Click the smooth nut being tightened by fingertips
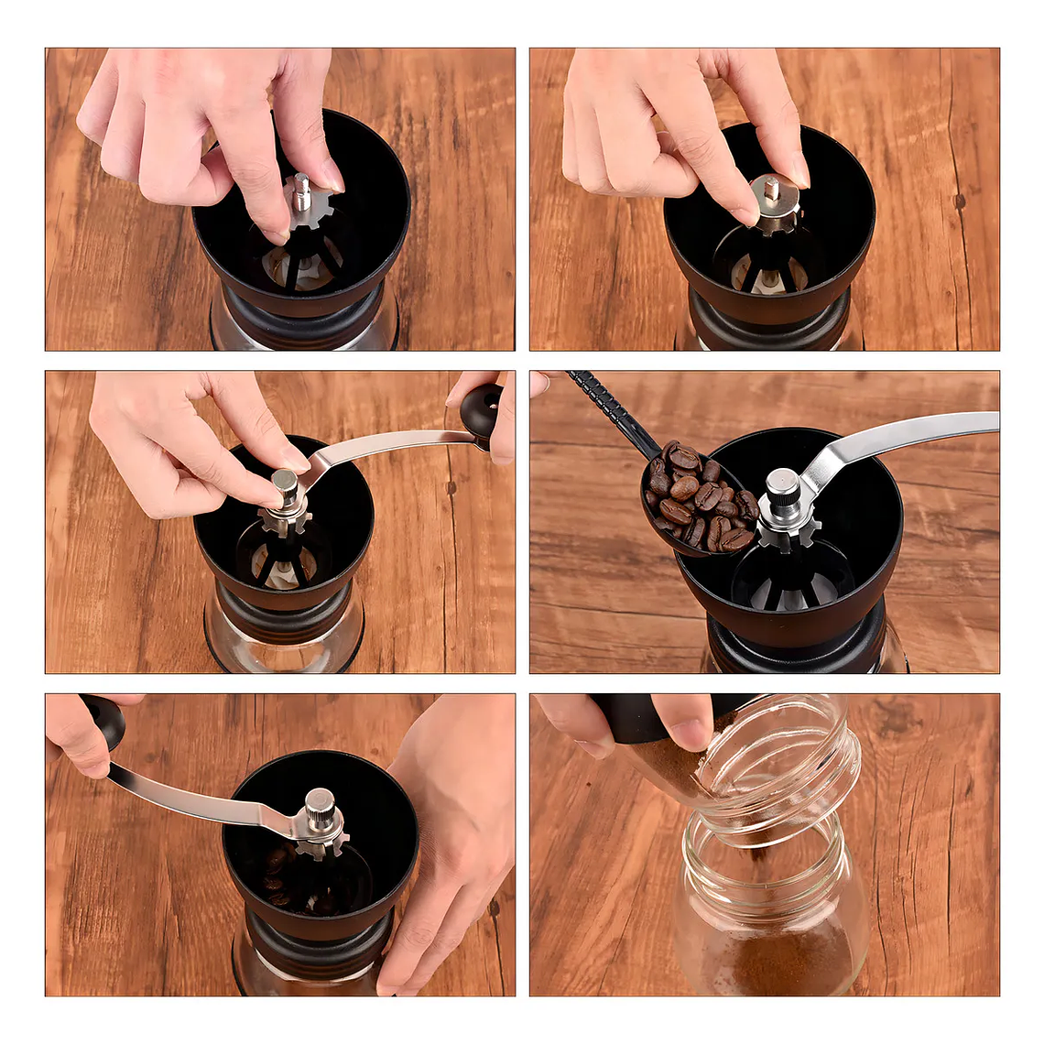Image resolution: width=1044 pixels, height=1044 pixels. click(286, 484)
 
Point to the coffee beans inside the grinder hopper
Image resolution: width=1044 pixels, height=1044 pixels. click(279, 875)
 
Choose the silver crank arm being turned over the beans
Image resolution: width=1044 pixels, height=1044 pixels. click(201, 801)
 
